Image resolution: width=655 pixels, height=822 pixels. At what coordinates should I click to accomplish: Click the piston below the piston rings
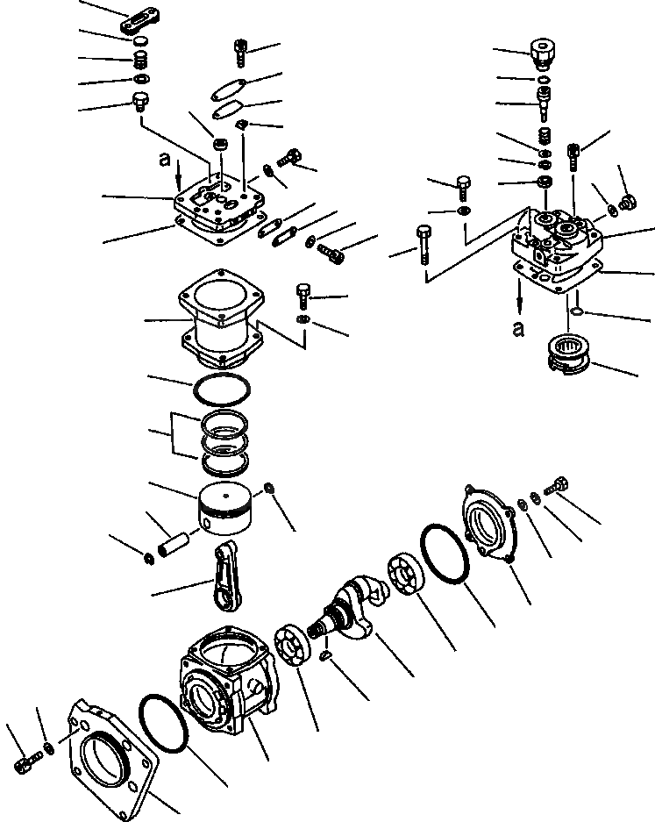tap(227, 508)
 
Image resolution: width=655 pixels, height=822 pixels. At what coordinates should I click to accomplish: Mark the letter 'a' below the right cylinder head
tap(519, 329)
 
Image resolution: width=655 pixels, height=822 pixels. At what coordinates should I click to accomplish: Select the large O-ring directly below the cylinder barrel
tap(224, 387)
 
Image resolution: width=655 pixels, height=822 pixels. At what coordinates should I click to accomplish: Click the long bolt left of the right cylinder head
tap(425, 246)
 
